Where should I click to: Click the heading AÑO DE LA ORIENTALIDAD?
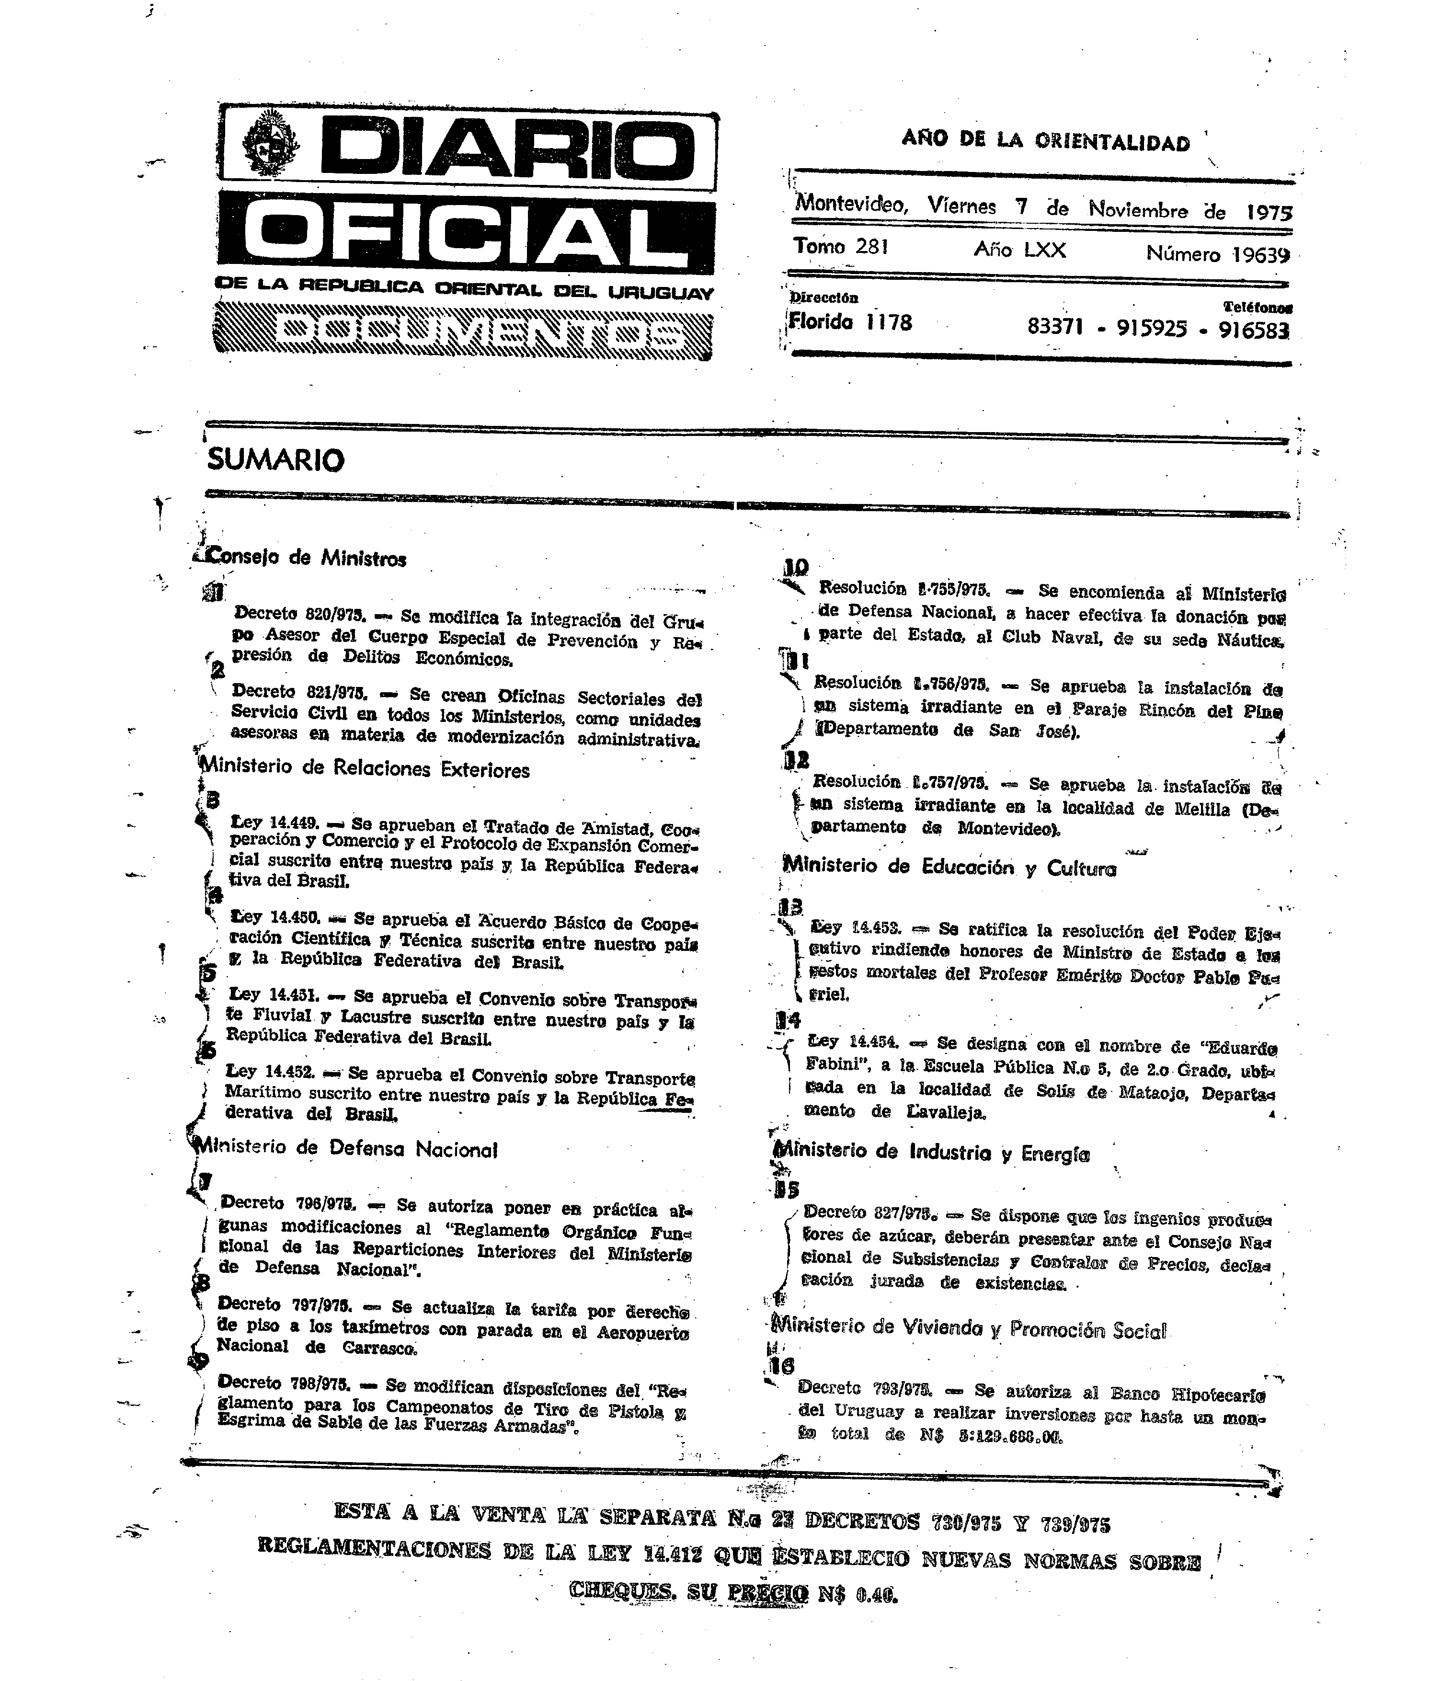(x=1045, y=141)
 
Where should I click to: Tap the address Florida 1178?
(x=850, y=323)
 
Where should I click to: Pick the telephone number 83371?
(x=1055, y=327)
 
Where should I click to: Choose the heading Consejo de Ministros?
(x=307, y=558)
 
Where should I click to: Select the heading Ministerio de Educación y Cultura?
(x=949, y=867)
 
